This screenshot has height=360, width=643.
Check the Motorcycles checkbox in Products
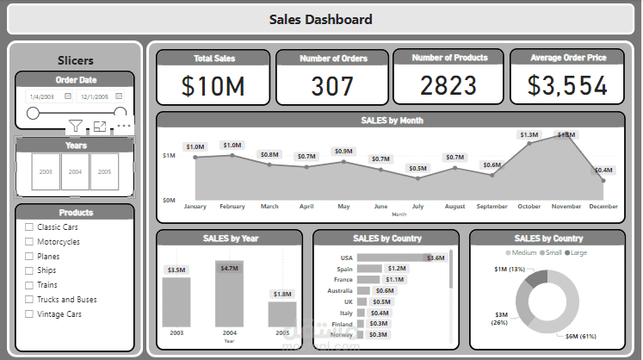pyautogui.click(x=29, y=242)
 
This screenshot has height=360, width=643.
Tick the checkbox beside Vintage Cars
pyautogui.click(x=29, y=314)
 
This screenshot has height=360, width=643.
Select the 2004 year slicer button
pyautogui.click(x=76, y=171)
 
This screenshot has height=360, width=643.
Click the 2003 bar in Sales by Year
pyautogui.click(x=176, y=301)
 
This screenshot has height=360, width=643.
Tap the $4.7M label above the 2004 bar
pyautogui.click(x=229, y=269)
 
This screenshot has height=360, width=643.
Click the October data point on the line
pyautogui.click(x=529, y=143)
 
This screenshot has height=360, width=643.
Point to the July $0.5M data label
pyautogui.click(x=417, y=168)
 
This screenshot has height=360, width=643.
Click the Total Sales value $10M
pyautogui.click(x=213, y=85)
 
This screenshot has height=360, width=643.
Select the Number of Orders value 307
pyautogui.click(x=332, y=85)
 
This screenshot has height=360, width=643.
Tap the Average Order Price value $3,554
pyautogui.click(x=567, y=85)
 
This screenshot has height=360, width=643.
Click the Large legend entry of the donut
pyautogui.click(x=578, y=252)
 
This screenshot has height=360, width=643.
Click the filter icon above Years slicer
pyautogui.click(x=76, y=127)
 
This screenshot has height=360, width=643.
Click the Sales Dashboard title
pyautogui.click(x=321, y=19)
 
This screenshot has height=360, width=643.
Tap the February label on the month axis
pyautogui.click(x=232, y=207)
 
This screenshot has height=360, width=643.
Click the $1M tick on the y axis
pyautogui.click(x=169, y=156)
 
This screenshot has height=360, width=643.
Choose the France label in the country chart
pyautogui.click(x=343, y=280)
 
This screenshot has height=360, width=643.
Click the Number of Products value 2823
pyautogui.click(x=449, y=85)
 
